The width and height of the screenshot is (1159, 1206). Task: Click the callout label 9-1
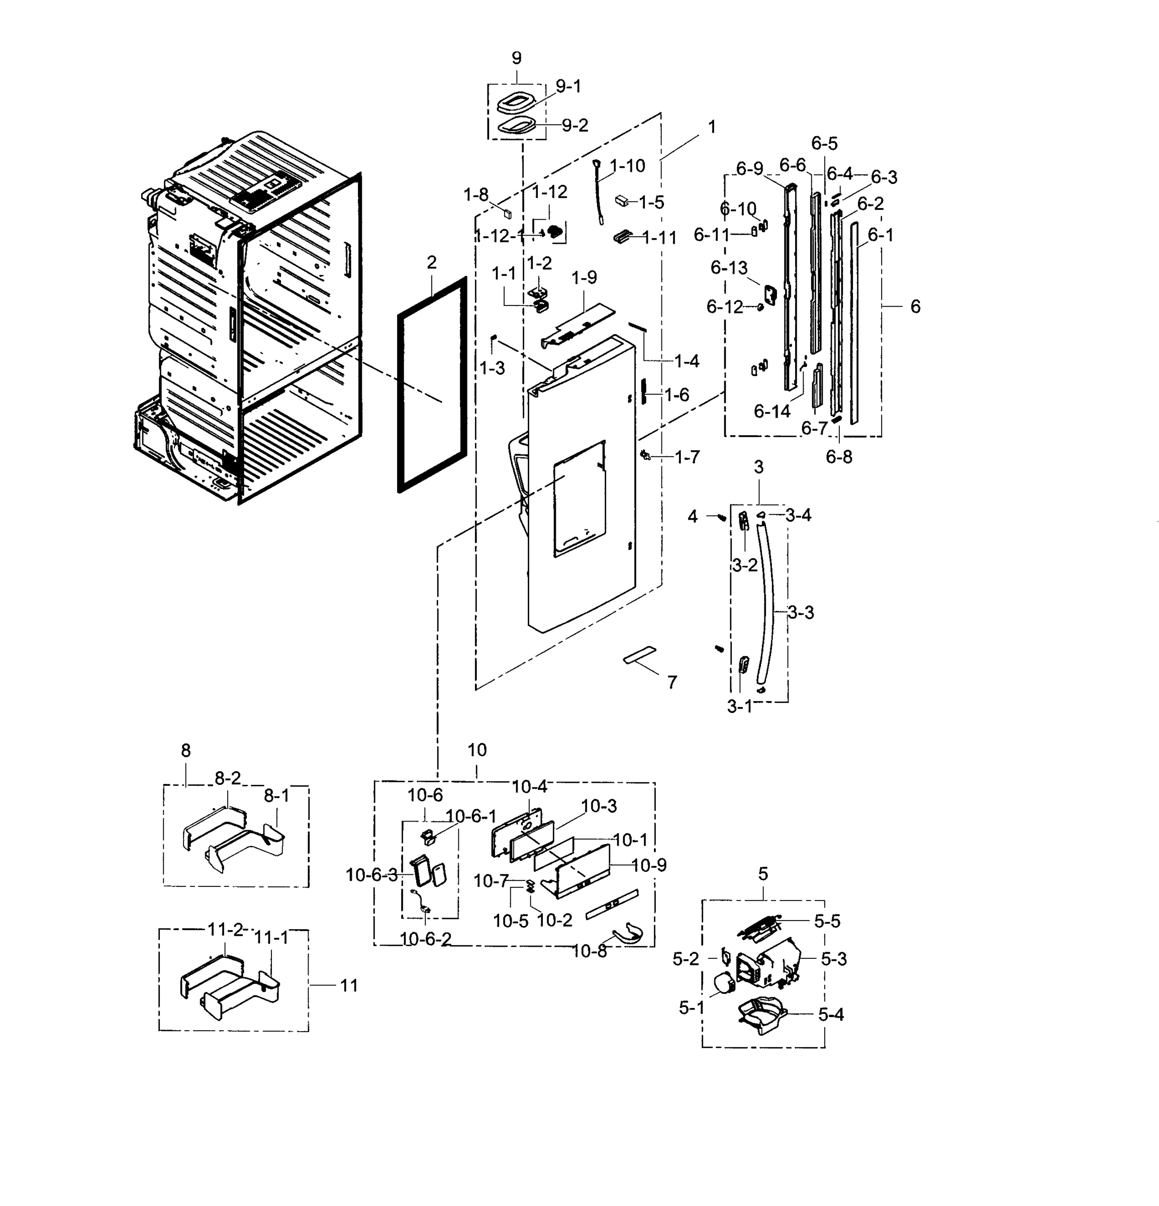point(568,86)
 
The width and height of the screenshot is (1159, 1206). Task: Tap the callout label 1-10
point(627,165)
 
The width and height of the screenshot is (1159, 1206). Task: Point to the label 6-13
point(729,268)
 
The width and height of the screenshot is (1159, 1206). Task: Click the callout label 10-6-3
point(372,875)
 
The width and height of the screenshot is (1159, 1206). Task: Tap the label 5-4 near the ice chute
point(831,1015)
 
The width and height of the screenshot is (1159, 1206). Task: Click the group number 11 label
point(349,985)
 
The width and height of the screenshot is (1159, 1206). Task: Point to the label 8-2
point(227,778)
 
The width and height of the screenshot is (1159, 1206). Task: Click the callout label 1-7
point(687,457)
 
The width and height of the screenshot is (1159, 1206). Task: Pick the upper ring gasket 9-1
point(514,102)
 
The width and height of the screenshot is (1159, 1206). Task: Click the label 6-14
point(772,411)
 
